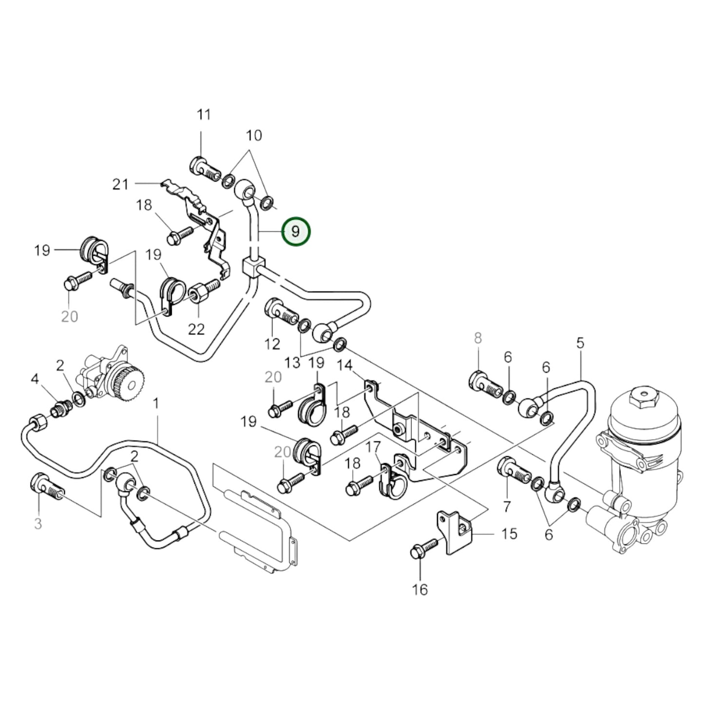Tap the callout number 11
(204, 115)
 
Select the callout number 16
(419, 590)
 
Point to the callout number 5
(580, 343)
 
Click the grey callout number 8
(477, 338)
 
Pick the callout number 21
(120, 184)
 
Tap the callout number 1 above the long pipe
(156, 403)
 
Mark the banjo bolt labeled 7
(512, 471)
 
